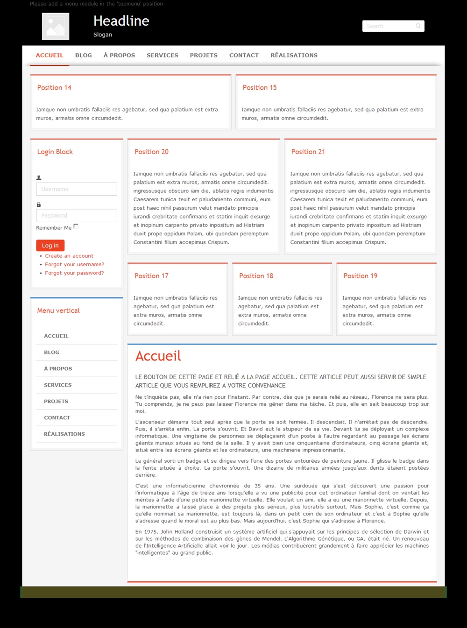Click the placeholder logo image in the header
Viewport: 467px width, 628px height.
56,26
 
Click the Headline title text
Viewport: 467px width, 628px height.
121,21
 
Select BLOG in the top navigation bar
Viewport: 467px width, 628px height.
84,55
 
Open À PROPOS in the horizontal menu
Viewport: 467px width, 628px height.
119,55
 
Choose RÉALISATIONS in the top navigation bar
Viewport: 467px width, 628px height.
294,55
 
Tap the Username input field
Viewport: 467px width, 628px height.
77,189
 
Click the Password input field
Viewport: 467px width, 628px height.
77,216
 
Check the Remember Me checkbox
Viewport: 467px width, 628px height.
76,226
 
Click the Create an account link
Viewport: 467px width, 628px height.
69,256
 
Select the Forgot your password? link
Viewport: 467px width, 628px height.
74,273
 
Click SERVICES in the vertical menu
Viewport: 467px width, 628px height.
58,385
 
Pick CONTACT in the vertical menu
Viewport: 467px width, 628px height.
57,418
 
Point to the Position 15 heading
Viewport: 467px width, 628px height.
260,88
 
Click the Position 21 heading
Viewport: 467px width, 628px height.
308,152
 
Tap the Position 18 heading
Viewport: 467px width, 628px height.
256,276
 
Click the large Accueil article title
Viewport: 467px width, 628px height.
158,356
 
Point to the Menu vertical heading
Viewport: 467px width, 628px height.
58,310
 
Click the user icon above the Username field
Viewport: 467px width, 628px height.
39,178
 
